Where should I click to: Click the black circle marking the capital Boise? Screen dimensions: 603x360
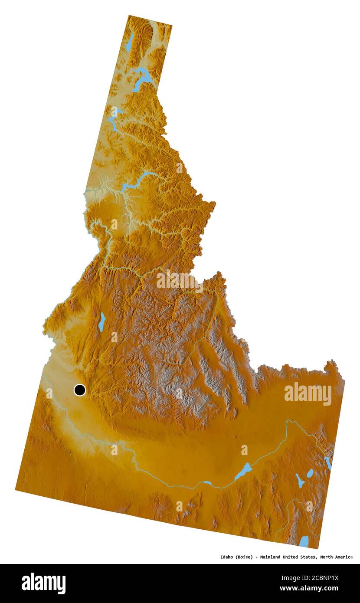coord(79,390)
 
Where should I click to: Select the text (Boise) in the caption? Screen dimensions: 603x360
coord(245,557)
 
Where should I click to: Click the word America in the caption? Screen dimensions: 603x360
coord(345,557)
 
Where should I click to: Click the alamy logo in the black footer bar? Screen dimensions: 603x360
coord(43,583)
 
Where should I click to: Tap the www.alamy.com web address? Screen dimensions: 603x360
coord(309,589)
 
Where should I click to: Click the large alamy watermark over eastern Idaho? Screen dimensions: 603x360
coord(308,394)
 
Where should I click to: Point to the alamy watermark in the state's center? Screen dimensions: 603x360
coord(180,280)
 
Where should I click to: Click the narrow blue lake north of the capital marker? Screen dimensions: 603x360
coord(101,322)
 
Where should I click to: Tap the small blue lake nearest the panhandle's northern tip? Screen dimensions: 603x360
coord(130,42)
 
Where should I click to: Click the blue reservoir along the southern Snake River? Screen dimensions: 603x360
coord(244,471)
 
